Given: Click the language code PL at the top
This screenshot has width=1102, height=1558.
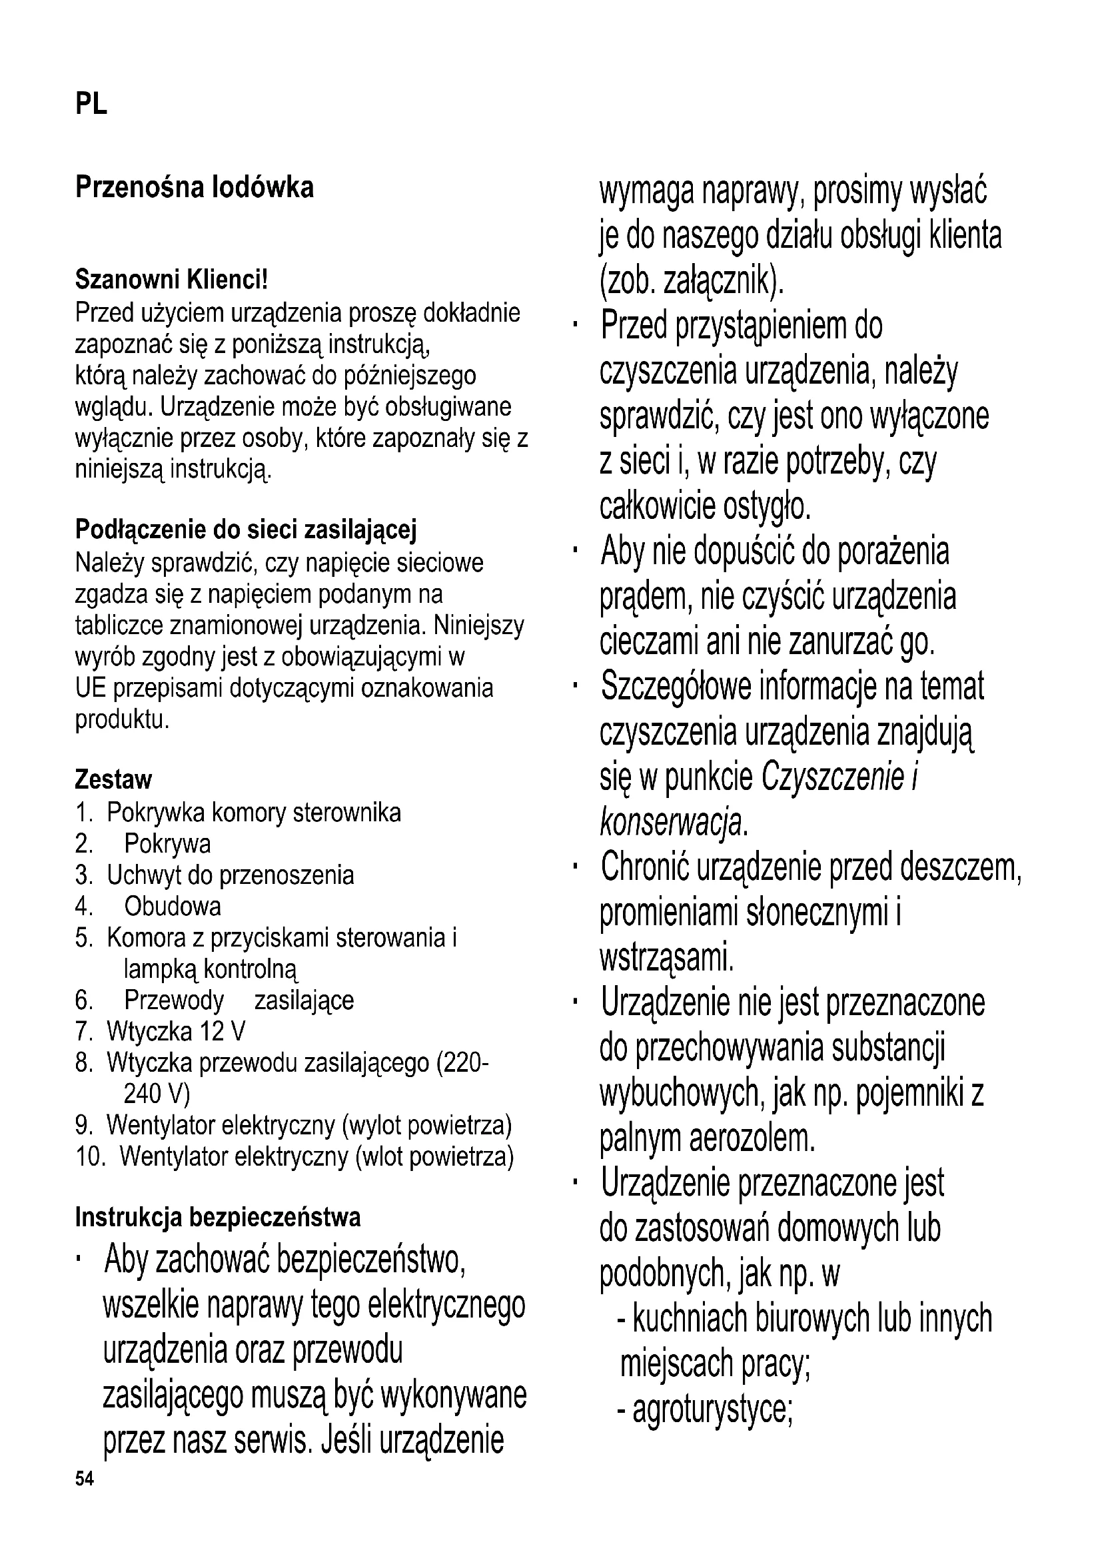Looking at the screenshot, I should (x=91, y=105).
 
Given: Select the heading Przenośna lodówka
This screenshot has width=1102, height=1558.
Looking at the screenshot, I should (x=194, y=187).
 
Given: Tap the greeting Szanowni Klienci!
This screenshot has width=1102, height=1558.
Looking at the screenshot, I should (x=171, y=278).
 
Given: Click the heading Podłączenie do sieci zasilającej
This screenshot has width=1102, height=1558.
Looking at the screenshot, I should (x=245, y=530).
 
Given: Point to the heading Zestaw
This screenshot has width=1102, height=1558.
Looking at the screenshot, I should (x=113, y=780).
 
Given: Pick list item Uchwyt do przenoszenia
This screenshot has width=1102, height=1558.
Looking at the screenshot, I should (x=230, y=875).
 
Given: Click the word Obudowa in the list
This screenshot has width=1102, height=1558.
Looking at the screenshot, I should (x=173, y=906).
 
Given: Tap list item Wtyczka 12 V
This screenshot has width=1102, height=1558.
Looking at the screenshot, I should (x=176, y=1031).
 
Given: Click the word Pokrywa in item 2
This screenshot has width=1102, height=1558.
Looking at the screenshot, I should (x=167, y=843).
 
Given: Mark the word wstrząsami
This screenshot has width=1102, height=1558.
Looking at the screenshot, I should (x=666, y=957).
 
